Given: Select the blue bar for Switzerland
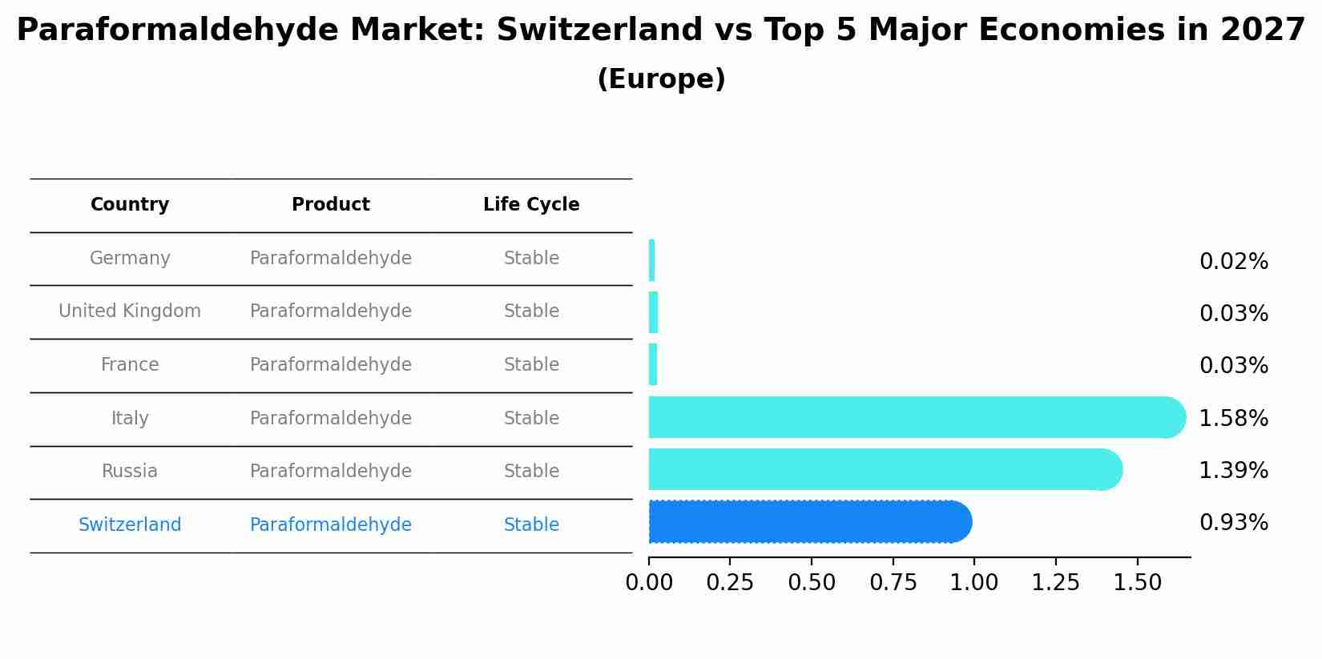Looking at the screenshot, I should (x=809, y=522).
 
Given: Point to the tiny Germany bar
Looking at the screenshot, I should (x=652, y=260).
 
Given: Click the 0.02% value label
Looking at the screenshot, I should (x=1233, y=262).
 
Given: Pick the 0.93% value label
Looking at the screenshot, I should (x=1233, y=523).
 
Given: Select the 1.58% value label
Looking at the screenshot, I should (x=1233, y=418).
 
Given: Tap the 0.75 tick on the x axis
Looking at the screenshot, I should (x=893, y=583).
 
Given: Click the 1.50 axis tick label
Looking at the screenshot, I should (x=1137, y=583).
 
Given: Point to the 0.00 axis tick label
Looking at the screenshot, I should (x=649, y=583).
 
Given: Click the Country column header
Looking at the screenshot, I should (x=130, y=205).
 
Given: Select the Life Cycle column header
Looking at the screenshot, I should (x=531, y=205).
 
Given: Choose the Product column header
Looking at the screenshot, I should (x=331, y=205).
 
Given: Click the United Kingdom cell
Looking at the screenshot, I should (x=130, y=311).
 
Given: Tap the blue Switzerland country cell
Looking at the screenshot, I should (x=130, y=525).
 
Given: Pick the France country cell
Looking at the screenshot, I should (x=130, y=365).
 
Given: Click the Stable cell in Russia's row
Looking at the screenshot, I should (x=531, y=472).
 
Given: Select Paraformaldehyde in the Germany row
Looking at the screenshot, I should (x=331, y=259).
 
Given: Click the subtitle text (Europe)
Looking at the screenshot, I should (x=661, y=79).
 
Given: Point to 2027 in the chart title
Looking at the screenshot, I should (x=1263, y=30).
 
